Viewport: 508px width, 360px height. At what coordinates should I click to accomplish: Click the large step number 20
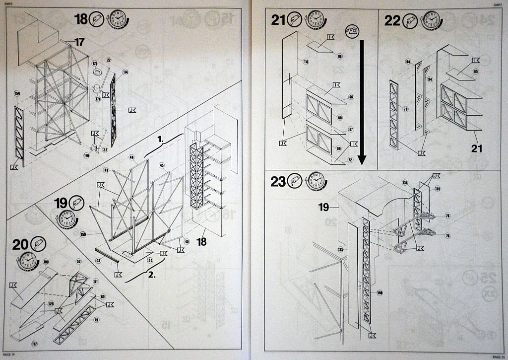coord(20,244)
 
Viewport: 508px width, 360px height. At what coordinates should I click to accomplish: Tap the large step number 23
coord(278,182)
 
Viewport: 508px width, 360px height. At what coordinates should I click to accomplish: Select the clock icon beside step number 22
coord(431,20)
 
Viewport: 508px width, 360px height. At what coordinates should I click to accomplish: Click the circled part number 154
coord(17,94)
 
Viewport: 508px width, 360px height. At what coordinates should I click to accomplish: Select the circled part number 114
coord(125,72)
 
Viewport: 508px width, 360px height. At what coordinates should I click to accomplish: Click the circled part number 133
coord(340,249)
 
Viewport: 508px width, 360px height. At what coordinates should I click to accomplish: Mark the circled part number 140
coord(380,292)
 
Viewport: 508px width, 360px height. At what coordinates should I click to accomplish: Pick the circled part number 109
coord(46,261)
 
